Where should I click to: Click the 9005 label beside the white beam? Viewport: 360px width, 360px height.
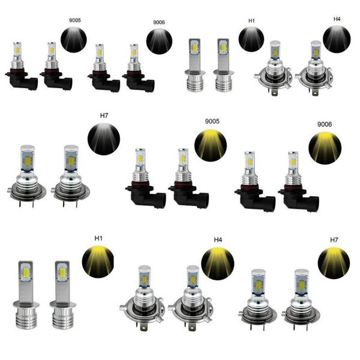75,20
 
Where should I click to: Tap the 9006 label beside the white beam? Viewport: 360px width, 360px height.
159,22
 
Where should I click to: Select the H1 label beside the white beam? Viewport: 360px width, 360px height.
251,20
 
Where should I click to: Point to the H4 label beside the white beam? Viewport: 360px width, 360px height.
337,19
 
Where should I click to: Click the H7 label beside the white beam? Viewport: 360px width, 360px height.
104,115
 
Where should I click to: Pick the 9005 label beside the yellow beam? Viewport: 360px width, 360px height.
212,121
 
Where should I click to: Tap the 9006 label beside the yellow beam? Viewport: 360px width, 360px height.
325,124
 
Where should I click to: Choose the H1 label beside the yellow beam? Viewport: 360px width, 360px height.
98,238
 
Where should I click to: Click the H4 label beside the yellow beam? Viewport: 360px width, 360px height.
218,240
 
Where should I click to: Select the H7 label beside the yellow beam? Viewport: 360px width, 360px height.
334,240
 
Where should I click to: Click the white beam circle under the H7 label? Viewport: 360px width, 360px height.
104,139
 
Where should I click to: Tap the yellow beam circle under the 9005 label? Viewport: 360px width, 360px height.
211,146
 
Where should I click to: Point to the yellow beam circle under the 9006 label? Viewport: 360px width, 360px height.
325,148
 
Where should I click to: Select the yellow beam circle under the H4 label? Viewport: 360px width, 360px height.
218,264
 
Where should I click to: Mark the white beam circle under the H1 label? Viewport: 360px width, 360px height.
251,39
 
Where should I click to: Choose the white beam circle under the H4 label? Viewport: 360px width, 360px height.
337,39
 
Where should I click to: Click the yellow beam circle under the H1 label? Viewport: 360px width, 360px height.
98,261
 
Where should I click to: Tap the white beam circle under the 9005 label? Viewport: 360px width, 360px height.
74,40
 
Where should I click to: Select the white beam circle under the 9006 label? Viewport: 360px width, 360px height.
159,41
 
